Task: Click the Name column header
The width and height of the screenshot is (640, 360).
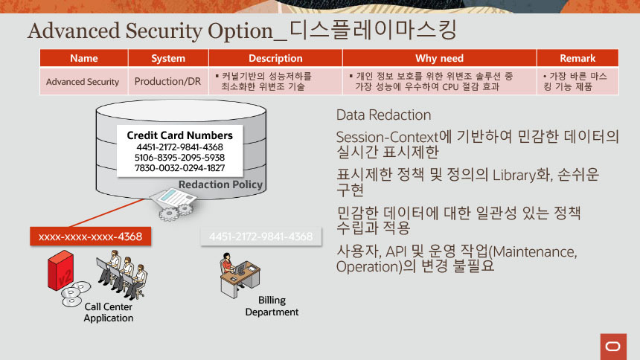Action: pos(83,58)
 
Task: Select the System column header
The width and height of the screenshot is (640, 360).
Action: pos(168,58)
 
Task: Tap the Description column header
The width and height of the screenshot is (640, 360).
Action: pos(275,58)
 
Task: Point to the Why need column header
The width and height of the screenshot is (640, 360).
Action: pos(439,58)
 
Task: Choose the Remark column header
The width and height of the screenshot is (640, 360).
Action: pos(577,58)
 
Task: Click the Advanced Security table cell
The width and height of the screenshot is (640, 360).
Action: pos(83,82)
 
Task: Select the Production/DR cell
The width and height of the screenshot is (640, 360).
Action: pos(167,82)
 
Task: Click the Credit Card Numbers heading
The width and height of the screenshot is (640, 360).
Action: pos(179,135)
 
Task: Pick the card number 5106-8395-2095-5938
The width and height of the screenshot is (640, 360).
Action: pos(179,158)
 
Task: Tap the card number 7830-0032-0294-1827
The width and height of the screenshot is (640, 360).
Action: pos(179,168)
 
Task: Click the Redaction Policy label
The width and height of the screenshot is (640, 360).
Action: pos(220,184)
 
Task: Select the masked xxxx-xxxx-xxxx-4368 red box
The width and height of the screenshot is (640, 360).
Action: pos(90,237)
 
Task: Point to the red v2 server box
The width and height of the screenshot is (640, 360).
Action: pos(61,270)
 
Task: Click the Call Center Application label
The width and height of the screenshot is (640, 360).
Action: pos(109,312)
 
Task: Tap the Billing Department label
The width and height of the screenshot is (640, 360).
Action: pos(272,306)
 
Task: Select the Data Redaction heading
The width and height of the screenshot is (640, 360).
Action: pos(383,115)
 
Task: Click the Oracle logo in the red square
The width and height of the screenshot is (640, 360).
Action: pos(613,347)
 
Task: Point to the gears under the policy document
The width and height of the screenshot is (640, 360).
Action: pos(176,212)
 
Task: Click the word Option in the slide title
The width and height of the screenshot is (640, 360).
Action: pos(240,31)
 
